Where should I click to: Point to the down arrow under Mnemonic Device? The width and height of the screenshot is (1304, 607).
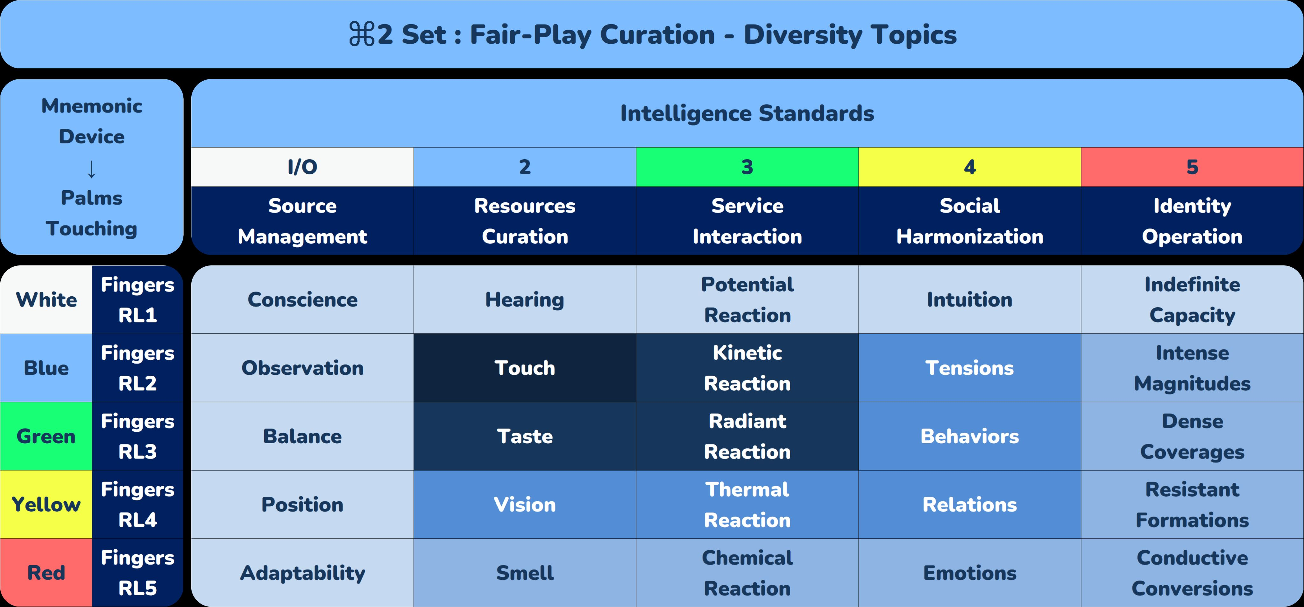92,169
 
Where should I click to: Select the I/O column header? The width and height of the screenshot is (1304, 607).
302,167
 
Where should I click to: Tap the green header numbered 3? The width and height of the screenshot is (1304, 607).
747,167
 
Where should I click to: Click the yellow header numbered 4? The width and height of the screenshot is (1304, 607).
969,167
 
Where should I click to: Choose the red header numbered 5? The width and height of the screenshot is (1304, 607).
1192,167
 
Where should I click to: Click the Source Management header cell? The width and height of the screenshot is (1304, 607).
302,221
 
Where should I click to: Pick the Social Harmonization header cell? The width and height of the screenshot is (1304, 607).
969,221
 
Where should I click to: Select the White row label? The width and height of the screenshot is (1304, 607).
46,300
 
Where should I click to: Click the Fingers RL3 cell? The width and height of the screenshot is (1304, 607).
137,436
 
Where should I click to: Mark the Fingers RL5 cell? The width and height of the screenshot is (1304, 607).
137,573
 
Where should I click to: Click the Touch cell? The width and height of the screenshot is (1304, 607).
524,368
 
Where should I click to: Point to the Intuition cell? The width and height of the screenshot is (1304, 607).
969,300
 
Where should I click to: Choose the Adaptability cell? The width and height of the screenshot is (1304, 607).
302,573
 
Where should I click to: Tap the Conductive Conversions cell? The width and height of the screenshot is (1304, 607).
1192,573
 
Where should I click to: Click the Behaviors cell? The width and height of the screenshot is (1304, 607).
969,436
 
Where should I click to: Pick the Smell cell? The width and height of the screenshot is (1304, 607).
524,573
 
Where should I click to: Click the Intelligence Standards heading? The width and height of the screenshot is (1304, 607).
747,113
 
